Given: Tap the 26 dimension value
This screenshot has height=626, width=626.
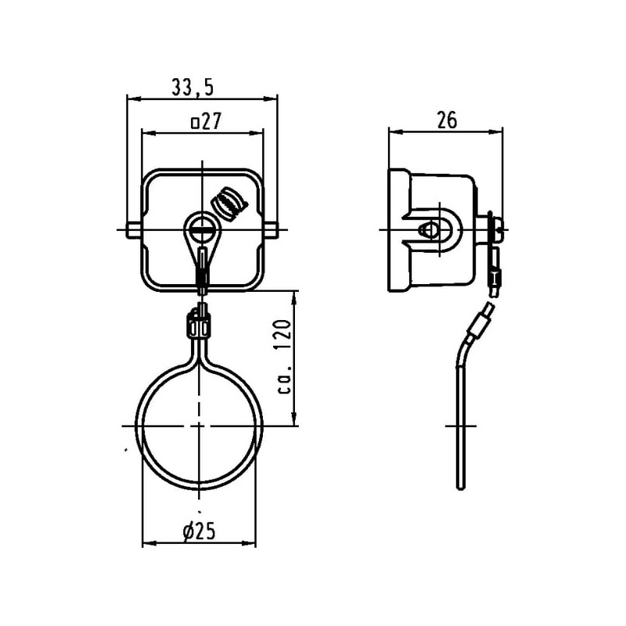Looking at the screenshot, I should (x=447, y=120).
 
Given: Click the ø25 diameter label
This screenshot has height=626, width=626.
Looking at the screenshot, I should (x=199, y=532).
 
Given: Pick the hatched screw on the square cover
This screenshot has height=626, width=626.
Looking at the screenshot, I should (x=228, y=202).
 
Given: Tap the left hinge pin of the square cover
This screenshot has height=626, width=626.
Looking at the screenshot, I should (x=133, y=228).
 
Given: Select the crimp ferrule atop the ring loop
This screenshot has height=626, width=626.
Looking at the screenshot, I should (x=200, y=323).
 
